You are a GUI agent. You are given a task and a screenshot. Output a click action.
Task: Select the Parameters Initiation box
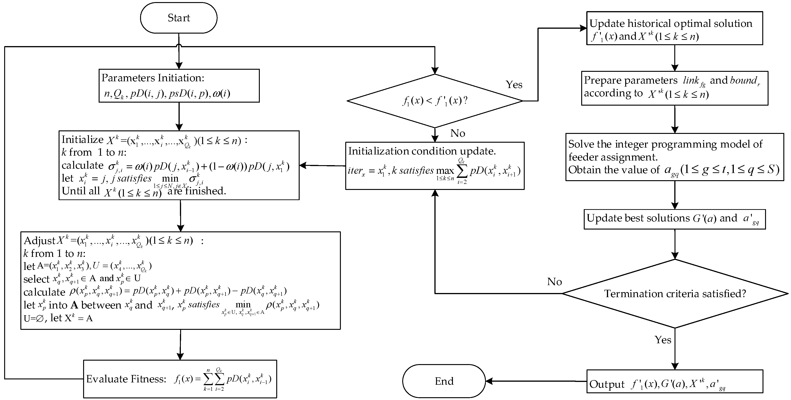click(179, 86)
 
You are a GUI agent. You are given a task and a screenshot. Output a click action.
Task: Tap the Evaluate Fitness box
click(180, 379)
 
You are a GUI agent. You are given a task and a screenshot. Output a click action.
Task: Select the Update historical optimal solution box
click(674, 28)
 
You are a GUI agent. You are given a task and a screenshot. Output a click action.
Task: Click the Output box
click(674, 381)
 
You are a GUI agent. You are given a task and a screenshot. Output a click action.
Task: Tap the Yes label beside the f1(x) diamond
click(514, 85)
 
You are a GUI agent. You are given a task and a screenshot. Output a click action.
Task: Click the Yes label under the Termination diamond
click(663, 340)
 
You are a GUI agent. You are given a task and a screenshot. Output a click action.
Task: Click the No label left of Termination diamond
click(554, 282)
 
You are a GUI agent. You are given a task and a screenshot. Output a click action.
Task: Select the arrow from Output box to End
click(536, 381)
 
